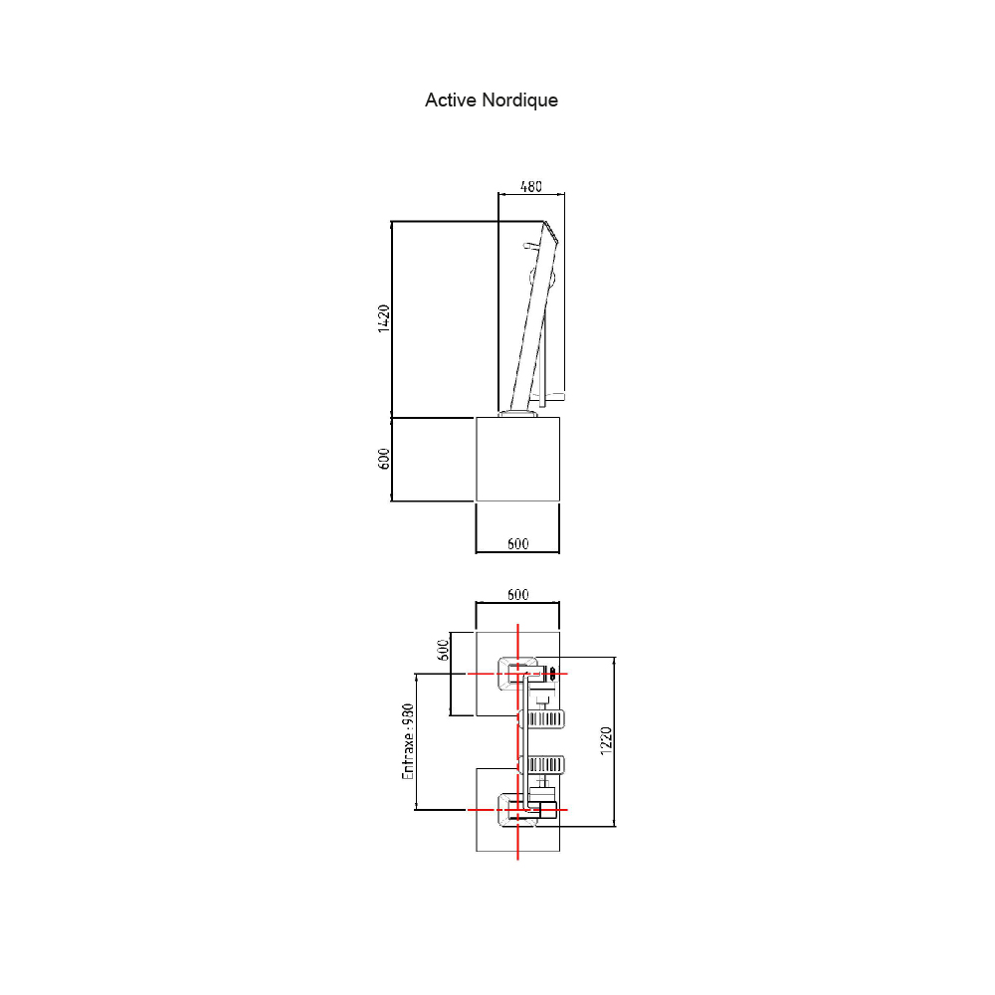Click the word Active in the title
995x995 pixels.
click(x=451, y=100)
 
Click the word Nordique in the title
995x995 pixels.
click(x=519, y=100)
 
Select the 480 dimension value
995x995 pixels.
click(x=531, y=187)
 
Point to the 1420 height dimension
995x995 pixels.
click(x=383, y=318)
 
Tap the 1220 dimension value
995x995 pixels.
click(x=606, y=740)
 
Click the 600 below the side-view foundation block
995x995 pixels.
click(x=517, y=544)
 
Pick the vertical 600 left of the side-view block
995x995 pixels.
click(x=383, y=459)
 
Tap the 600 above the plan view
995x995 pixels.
click(x=517, y=595)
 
